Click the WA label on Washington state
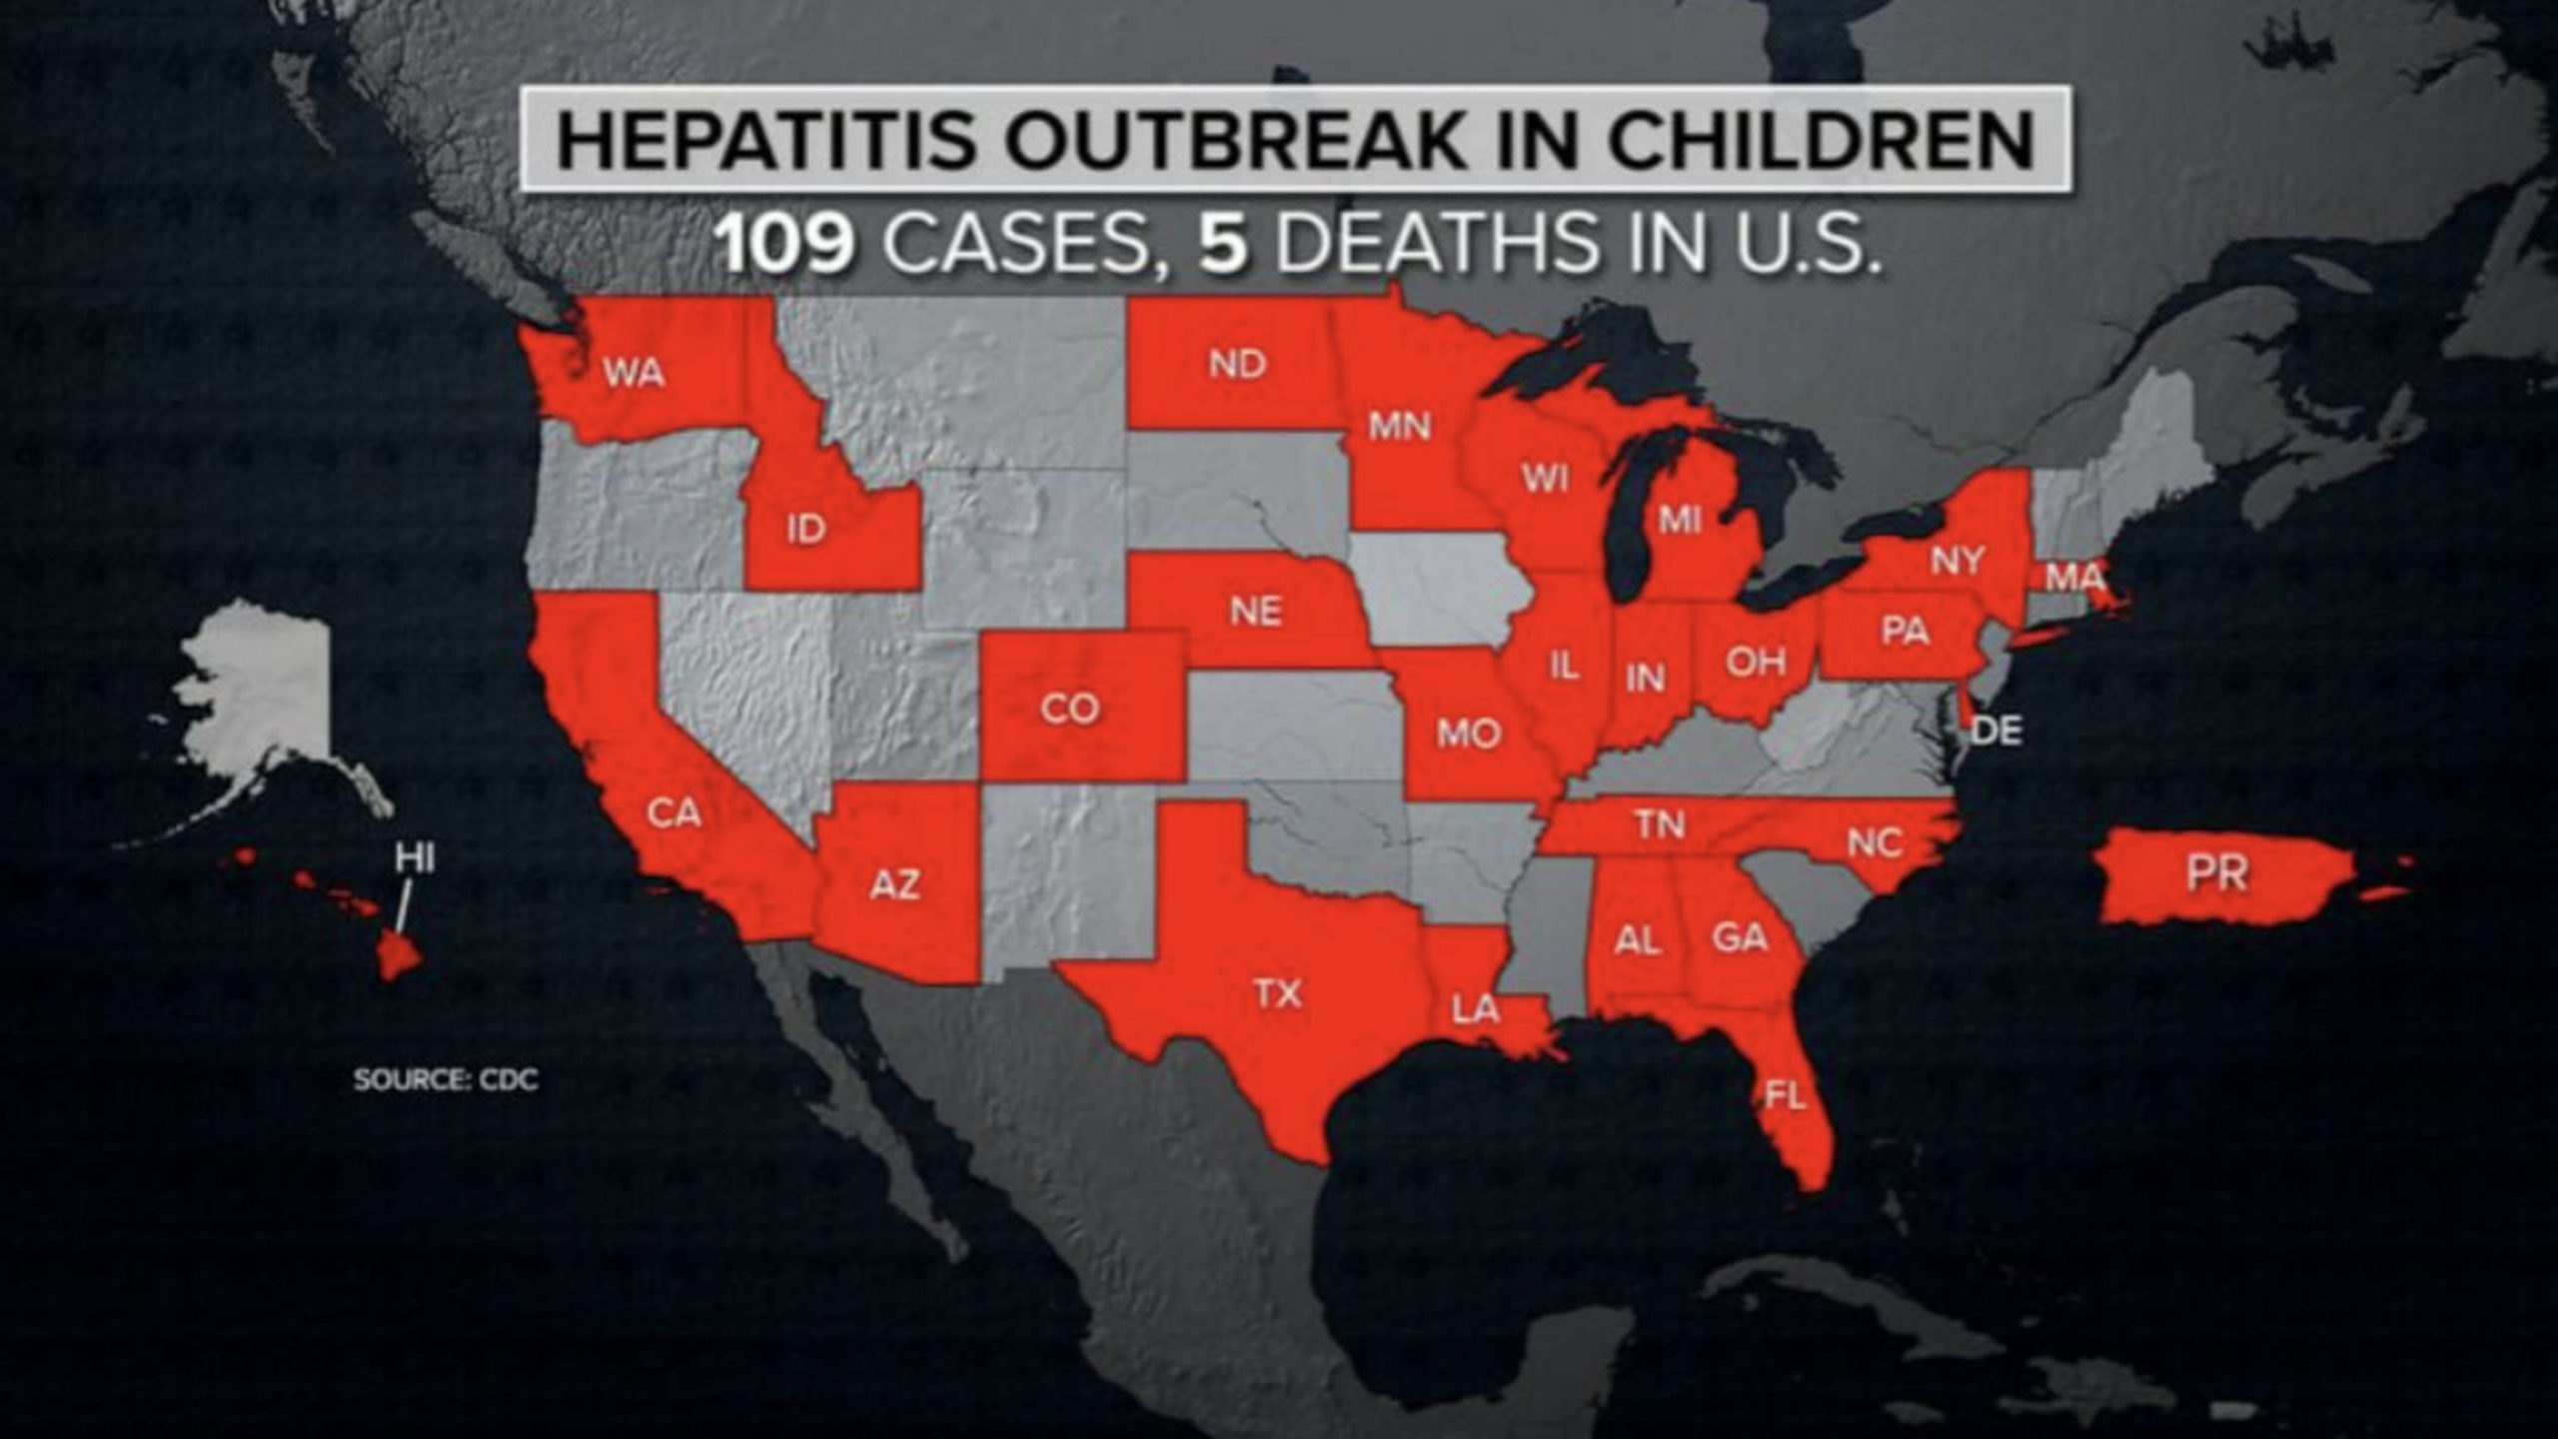pos(634,375)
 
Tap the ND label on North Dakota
pos(1237,364)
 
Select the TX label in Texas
pos(1278,993)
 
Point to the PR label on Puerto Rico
pos(2216,874)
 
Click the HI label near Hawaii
pos(414,857)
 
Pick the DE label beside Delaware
pos(1997,731)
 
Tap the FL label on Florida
pos(1785,1096)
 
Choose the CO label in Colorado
pos(1069,709)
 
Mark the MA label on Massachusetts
pos(2074,578)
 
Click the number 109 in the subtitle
pos(786,246)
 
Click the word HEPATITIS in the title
pos(765,140)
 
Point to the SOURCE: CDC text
pos(446,1080)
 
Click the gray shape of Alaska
pos(265,690)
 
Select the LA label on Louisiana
pos(1475,1010)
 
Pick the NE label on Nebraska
pos(1255,611)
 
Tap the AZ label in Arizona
pos(894,884)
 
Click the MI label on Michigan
pos(1680,520)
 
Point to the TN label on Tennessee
pos(1661,824)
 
